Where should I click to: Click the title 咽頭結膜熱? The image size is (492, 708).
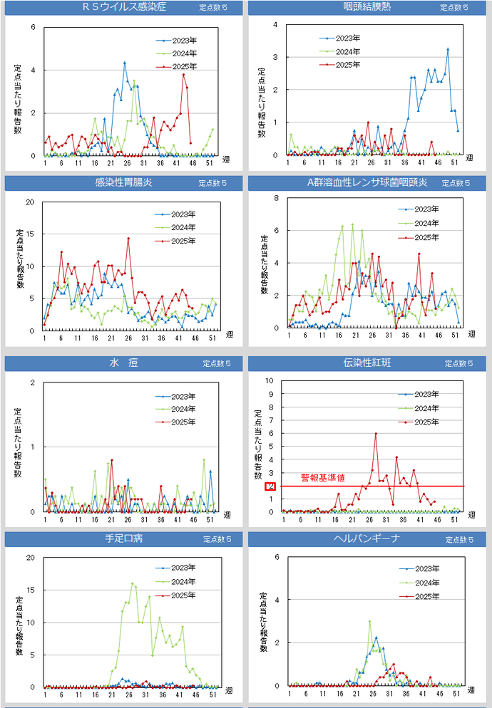coord(367,8)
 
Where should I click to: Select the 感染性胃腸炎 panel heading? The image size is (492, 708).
coord(123,183)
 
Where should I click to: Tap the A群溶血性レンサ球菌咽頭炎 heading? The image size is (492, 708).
coord(367,183)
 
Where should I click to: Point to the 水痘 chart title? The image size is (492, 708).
coord(118,363)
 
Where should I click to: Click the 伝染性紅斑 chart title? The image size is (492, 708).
coord(367,363)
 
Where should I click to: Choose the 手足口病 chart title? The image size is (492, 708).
coord(123,538)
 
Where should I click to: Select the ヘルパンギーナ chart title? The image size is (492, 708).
coord(367,538)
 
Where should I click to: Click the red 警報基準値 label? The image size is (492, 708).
coord(322,478)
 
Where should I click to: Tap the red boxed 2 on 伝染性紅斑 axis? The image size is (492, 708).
coord(270,486)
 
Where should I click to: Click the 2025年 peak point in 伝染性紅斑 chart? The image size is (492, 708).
coord(376,434)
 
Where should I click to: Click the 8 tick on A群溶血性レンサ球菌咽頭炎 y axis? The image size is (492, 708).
coord(276,198)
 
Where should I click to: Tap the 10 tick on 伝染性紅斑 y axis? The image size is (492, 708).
coord(269,381)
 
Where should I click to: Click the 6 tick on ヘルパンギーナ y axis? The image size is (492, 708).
coord(276,556)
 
